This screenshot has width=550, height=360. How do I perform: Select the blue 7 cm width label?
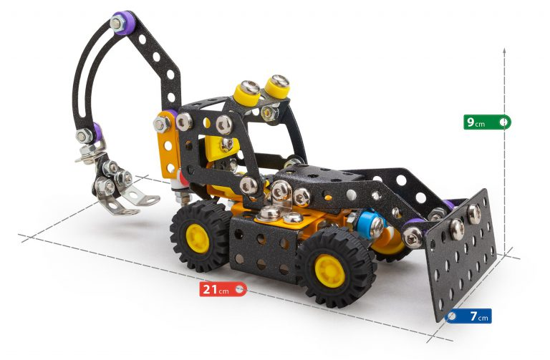[x=469, y=316]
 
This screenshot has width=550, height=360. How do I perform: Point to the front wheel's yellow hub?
[x=330, y=271]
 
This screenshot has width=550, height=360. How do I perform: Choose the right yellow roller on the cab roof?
[x=275, y=87]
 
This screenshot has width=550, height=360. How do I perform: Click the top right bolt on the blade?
[x=473, y=211]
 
